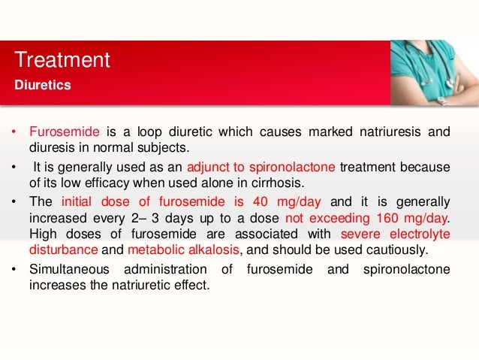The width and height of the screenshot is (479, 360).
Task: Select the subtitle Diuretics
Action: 43,85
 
